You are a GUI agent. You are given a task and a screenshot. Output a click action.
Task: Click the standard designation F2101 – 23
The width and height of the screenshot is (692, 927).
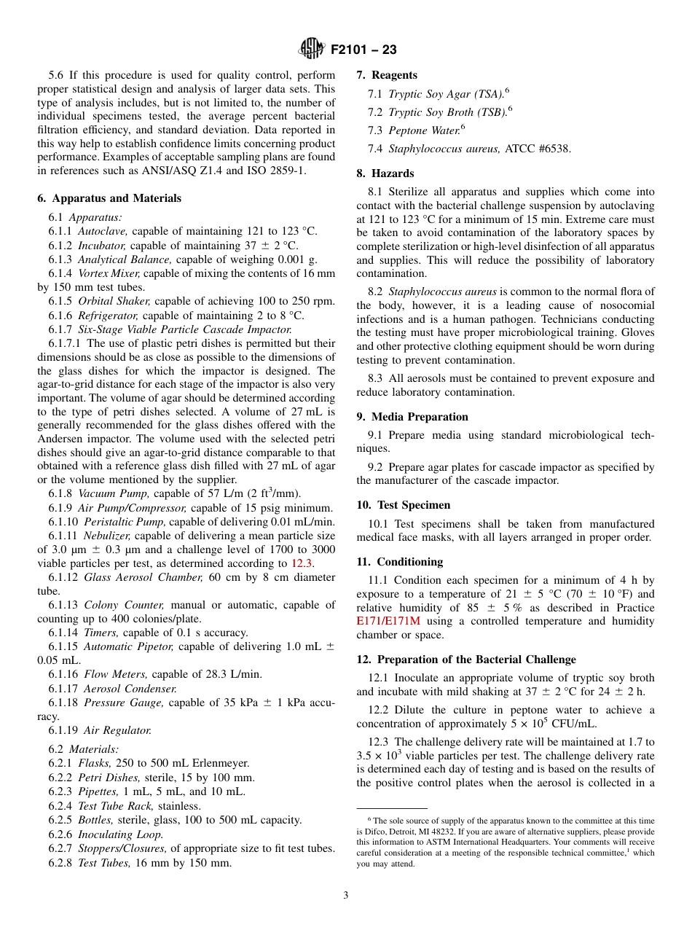click(363, 50)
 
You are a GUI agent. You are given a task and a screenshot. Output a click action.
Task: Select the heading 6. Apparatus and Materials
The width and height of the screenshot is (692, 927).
click(109, 198)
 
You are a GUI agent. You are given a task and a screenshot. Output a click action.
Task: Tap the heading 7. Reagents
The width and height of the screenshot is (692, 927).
click(387, 75)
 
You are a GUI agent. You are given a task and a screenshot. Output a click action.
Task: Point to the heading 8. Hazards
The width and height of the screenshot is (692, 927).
click(385, 173)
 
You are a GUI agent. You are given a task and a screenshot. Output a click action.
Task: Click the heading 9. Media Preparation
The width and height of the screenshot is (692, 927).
click(412, 417)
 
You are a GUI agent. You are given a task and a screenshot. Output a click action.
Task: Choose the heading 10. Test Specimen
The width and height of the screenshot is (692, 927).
click(404, 505)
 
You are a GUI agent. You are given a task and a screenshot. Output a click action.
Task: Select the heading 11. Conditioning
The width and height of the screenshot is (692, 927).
click(399, 562)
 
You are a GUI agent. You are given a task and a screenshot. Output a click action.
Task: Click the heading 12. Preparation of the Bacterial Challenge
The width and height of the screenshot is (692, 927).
click(466, 660)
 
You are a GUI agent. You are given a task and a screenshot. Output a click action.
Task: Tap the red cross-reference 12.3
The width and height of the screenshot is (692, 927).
click(303, 563)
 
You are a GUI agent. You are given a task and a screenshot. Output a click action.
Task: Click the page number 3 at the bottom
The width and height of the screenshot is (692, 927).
click(346, 896)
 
